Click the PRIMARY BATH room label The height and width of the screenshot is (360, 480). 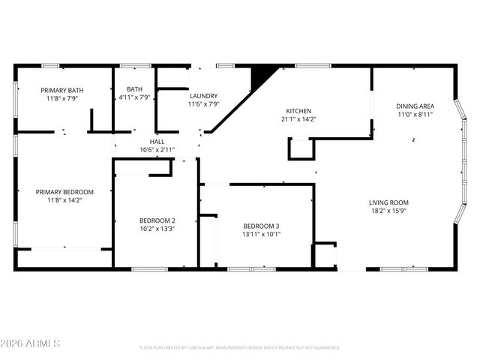61,90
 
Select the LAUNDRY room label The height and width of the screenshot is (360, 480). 203,96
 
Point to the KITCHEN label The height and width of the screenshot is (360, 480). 298,111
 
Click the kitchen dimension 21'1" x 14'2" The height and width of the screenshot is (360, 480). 298,119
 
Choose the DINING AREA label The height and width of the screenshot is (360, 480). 415,106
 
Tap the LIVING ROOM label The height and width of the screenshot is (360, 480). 388,202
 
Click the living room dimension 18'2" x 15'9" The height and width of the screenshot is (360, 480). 388,211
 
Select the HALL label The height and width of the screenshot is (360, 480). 157,141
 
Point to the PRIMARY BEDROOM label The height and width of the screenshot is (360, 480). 64,192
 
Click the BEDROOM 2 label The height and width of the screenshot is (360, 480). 157,220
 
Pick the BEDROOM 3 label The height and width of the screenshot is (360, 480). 261,226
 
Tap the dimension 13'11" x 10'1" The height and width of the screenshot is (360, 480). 261,234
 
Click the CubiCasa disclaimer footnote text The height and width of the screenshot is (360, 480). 239,348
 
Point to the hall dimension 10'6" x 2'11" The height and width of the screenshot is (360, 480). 157,149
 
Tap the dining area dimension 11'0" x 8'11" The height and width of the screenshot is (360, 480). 415,115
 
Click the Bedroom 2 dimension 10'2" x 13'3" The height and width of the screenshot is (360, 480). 157,229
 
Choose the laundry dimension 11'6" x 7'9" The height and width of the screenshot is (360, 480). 203,104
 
